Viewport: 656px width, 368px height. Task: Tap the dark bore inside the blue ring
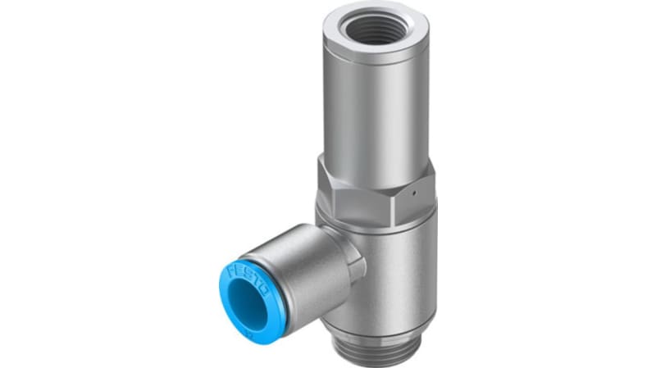247,298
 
